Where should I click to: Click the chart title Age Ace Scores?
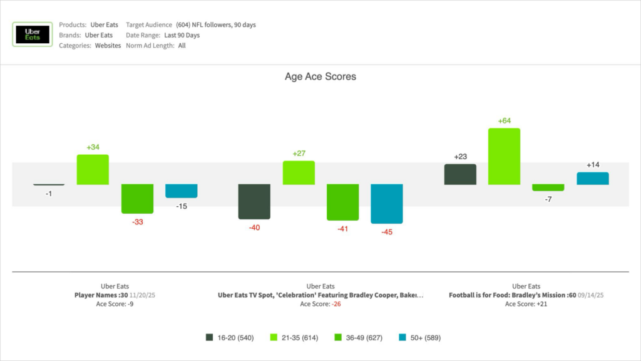pyautogui.click(x=320, y=76)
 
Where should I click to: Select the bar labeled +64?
pyautogui.click(x=504, y=156)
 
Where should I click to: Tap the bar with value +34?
pyautogui.click(x=93, y=169)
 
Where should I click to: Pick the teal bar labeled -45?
pyautogui.click(x=386, y=204)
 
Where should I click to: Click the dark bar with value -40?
pyautogui.click(x=254, y=201)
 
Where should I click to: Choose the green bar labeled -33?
pyautogui.click(x=137, y=199)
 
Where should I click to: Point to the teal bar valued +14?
pyautogui.click(x=592, y=179)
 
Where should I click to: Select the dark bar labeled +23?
pyautogui.click(x=460, y=174)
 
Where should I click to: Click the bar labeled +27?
pyautogui.click(x=299, y=172)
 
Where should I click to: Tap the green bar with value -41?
pyautogui.click(x=342, y=202)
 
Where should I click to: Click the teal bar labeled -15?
pyautogui.click(x=181, y=191)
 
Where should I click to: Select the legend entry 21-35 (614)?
pyautogui.click(x=294, y=337)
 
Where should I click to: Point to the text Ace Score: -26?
pyautogui.click(x=320, y=304)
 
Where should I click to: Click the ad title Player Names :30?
pyautogui.click(x=101, y=295)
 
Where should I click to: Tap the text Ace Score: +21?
pyautogui.click(x=526, y=304)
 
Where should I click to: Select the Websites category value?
pyautogui.click(x=108, y=46)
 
